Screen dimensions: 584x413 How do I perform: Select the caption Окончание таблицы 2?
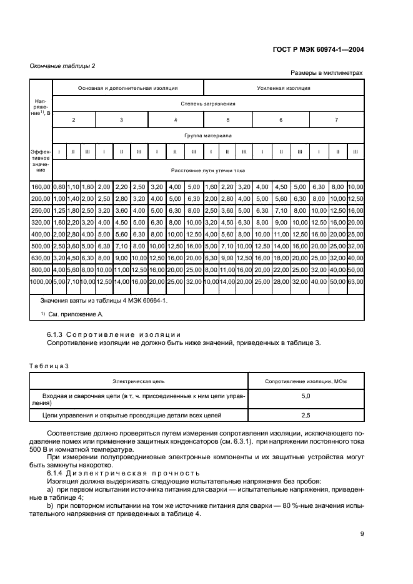62,66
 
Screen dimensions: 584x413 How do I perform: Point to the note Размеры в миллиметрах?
327,73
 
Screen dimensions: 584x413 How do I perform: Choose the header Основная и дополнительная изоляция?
127,88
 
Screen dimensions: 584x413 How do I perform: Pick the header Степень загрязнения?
208,104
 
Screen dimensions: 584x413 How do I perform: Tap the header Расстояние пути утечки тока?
208,170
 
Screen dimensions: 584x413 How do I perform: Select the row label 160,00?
41,186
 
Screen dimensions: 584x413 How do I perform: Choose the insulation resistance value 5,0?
306,396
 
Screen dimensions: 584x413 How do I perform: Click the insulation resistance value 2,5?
306,414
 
